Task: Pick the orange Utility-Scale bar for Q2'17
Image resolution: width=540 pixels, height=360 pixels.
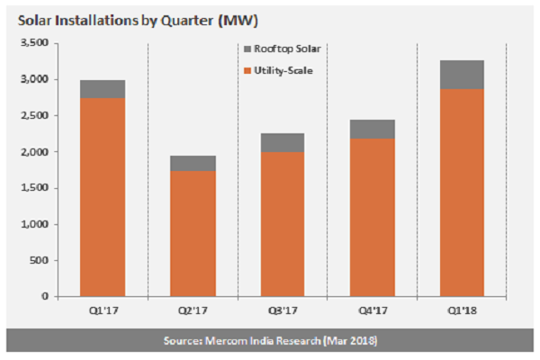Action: click(x=193, y=234)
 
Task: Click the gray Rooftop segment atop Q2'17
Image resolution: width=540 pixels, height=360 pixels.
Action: click(x=193, y=163)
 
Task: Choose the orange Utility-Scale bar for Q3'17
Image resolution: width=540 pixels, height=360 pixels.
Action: click(x=282, y=224)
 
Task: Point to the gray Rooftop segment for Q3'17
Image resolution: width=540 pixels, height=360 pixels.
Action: click(x=282, y=142)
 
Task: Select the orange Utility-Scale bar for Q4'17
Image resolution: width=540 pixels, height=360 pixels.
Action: click(x=372, y=217)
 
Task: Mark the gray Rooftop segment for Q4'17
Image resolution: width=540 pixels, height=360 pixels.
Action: click(x=372, y=129)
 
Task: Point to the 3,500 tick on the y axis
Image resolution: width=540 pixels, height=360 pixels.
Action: click(x=37, y=43)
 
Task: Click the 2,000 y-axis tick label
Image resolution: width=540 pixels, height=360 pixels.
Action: click(x=37, y=152)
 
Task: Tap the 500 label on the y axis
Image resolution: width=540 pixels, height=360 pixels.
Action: click(x=42, y=260)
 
